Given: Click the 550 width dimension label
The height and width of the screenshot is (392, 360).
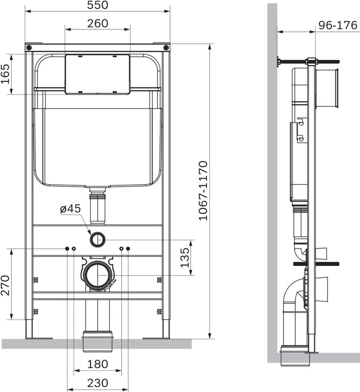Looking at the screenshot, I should click(97, 5).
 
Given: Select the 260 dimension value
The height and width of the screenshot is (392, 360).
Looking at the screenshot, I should click(98, 23).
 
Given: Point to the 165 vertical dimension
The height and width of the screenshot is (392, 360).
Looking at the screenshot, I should click(6, 74).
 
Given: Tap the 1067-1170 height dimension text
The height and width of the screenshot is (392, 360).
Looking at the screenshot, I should click(203, 191).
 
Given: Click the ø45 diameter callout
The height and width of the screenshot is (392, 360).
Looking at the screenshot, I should click(70, 208).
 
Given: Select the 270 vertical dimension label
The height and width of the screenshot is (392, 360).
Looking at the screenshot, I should click(5, 285).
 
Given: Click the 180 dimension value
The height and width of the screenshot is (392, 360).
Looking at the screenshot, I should click(98, 365).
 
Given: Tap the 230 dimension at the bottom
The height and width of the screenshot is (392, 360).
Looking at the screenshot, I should click(98, 382).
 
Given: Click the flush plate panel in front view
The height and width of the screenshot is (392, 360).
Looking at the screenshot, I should click(98, 73).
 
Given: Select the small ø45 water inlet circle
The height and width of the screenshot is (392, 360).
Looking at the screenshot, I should click(98, 240).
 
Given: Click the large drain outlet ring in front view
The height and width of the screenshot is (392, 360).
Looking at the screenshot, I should click(98, 275).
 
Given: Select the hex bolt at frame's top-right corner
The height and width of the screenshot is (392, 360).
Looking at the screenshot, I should click(166, 48).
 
